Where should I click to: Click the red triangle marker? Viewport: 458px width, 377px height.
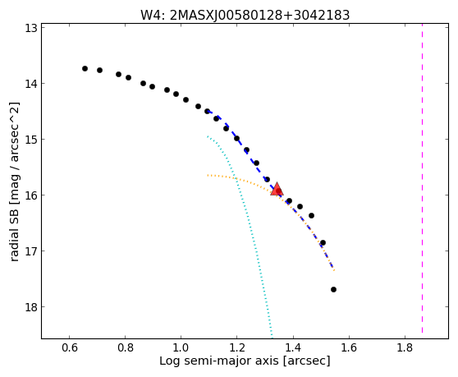point(277,189)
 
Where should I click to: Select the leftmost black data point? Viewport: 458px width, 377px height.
point(85,69)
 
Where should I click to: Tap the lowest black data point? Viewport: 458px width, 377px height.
point(333,290)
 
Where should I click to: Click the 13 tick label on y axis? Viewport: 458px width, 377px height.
point(30,29)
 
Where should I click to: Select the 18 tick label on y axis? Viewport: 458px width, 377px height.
point(30,307)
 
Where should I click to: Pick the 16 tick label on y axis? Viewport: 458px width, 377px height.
point(30,195)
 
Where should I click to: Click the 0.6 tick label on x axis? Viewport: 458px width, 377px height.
point(69,347)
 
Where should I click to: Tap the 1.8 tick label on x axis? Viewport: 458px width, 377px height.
point(405,347)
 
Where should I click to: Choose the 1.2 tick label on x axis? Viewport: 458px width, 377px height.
point(237,347)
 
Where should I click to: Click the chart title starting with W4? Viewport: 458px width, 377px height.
point(245,16)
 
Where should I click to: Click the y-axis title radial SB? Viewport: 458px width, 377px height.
point(14,182)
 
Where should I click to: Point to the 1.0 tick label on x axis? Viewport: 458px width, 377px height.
point(181,347)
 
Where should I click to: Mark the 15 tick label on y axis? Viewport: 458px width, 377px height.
point(30,140)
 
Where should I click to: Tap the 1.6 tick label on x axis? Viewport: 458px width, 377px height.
point(349,347)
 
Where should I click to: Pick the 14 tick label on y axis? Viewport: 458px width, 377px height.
point(30,84)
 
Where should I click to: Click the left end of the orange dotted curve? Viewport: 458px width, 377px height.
point(208,175)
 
